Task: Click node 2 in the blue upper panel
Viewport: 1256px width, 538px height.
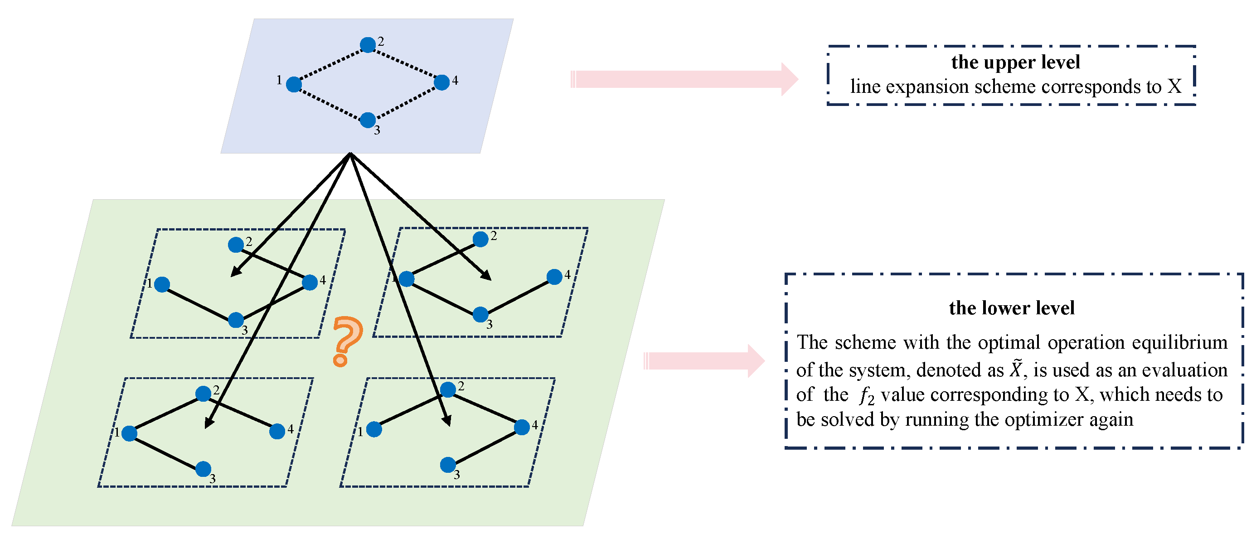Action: [368, 45]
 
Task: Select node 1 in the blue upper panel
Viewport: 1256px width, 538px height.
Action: [294, 84]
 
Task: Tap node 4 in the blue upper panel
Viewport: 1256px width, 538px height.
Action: [441, 82]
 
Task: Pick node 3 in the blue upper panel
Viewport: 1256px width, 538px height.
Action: [368, 120]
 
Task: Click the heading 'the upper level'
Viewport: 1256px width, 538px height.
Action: [1015, 62]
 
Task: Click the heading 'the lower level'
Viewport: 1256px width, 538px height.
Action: [1011, 308]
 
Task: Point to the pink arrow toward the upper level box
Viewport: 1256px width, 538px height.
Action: [683, 79]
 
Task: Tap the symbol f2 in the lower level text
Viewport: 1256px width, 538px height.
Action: [867, 396]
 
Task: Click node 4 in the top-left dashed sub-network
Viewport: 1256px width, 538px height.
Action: [310, 282]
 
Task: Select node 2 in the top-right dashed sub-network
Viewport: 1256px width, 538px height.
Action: [480, 239]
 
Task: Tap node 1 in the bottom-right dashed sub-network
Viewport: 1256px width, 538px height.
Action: [374, 429]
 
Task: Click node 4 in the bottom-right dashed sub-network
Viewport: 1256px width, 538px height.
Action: [522, 427]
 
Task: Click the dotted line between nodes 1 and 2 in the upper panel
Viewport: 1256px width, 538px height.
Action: [330, 64]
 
